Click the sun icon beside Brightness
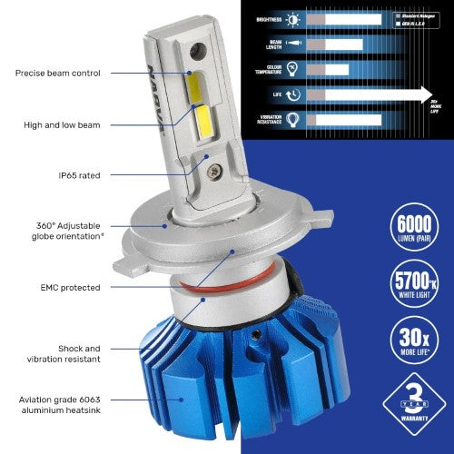coord(293,19)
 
